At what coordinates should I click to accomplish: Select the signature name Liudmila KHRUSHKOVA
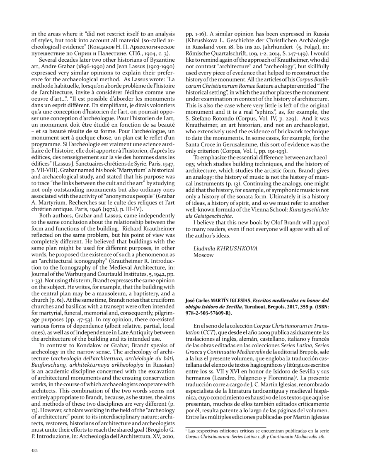[225, 248]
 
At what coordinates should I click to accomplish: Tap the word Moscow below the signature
[204, 255]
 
